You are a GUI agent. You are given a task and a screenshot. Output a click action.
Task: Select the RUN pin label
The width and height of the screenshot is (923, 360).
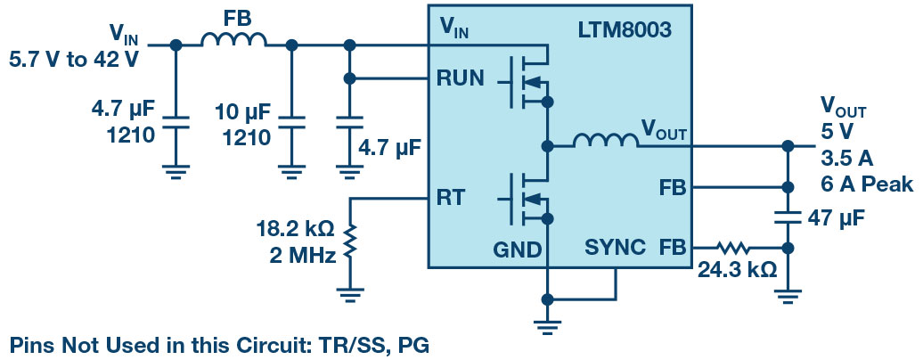[x=461, y=78]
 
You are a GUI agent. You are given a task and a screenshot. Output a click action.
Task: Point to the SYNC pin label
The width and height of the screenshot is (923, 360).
[x=616, y=247]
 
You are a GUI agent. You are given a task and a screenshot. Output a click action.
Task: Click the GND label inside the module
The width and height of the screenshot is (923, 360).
[x=518, y=250]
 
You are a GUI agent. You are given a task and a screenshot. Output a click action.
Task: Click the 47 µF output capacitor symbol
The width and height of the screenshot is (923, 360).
[x=788, y=216]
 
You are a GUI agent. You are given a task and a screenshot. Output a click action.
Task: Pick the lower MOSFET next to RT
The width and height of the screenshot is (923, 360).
[x=527, y=200]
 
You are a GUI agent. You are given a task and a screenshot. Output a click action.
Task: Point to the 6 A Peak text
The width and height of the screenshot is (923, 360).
[x=867, y=185]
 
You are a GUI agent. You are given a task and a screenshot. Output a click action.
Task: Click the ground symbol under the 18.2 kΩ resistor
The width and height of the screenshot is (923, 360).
[x=353, y=291]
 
